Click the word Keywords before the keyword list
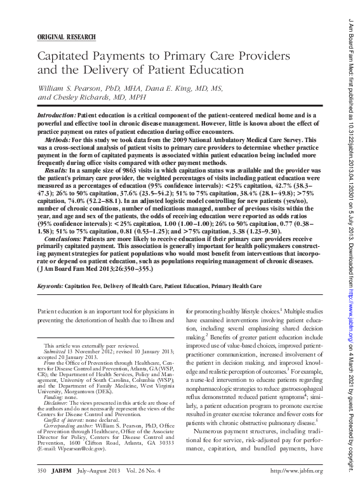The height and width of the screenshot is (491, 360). pyautogui.click(x=53, y=287)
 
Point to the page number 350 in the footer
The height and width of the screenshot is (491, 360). pyautogui.click(x=42, y=471)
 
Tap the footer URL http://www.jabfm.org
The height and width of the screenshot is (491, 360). pyautogui.click(x=297, y=471)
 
